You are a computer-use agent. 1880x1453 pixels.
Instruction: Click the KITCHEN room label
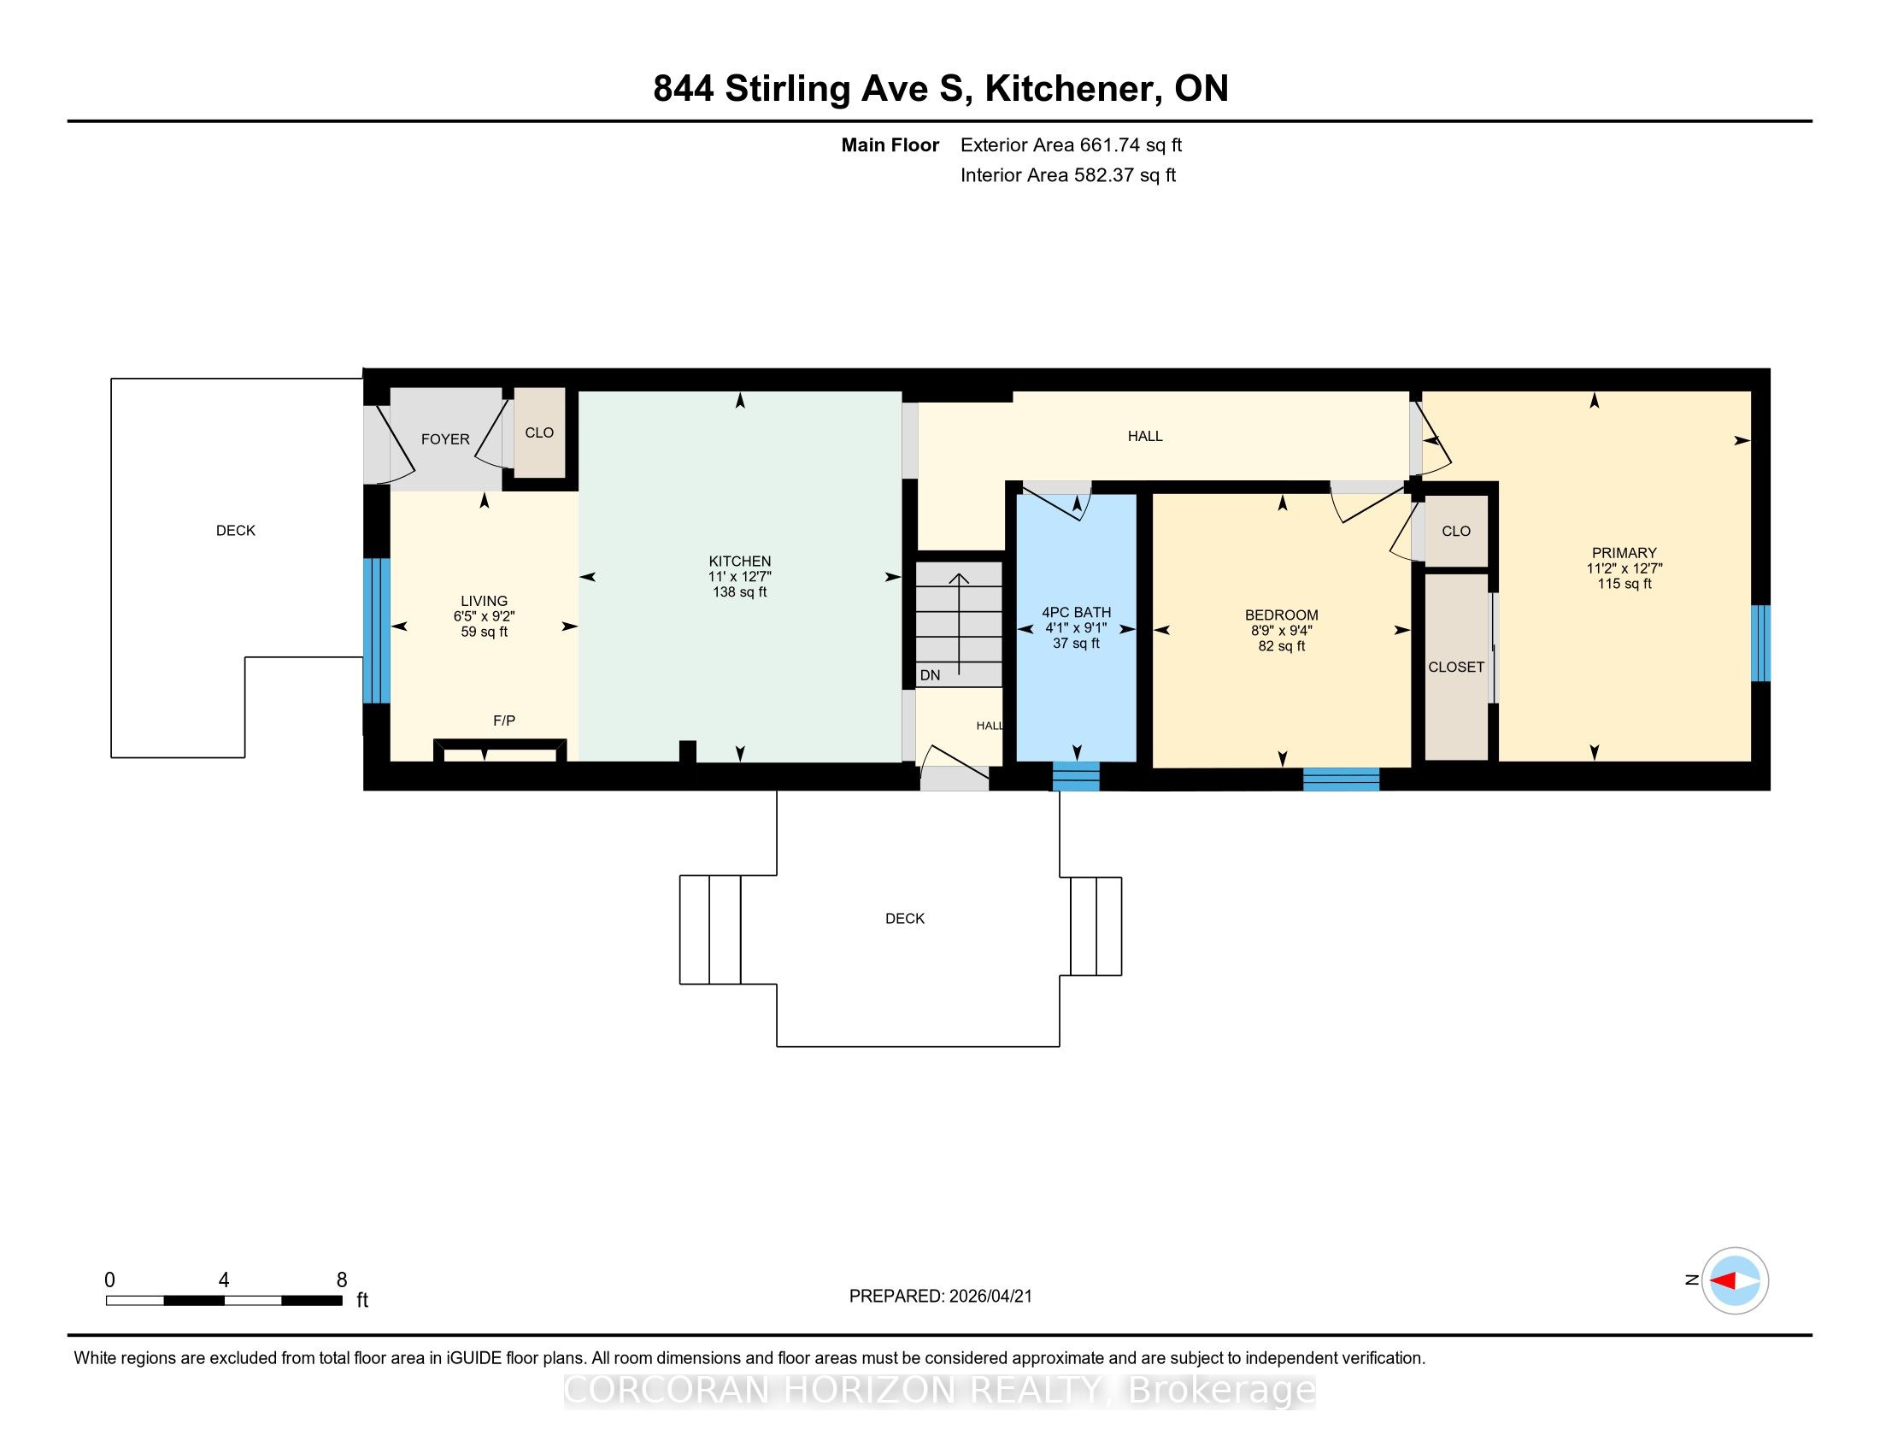coord(739,562)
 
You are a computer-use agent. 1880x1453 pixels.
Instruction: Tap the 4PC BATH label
coord(1076,613)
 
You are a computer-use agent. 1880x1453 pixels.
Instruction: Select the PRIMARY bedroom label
coord(1624,553)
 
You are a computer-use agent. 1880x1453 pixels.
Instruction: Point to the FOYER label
coord(445,439)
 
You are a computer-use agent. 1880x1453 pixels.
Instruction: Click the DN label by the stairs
coord(930,676)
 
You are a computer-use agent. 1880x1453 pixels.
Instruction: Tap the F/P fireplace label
coord(504,721)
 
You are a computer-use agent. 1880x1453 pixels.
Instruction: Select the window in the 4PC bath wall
coord(1076,776)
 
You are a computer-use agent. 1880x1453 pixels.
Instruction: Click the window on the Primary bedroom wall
coord(1761,643)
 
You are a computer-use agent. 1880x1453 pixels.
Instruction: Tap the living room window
coord(376,631)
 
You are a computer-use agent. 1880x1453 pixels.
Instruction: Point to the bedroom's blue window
coord(1341,778)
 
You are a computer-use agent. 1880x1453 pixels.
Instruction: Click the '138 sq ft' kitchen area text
coord(739,592)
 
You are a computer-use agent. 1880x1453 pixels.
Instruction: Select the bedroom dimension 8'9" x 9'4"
coord(1282,630)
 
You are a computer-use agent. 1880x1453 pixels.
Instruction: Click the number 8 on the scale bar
coord(342,1280)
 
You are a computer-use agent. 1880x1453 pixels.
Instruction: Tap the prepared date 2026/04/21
coord(989,1297)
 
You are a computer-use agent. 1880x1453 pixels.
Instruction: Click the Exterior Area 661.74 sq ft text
coord(1071,145)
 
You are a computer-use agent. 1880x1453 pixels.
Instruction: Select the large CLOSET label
coord(1455,668)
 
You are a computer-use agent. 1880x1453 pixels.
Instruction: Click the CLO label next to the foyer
coord(540,433)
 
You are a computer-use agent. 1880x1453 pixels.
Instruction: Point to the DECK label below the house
coord(905,919)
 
